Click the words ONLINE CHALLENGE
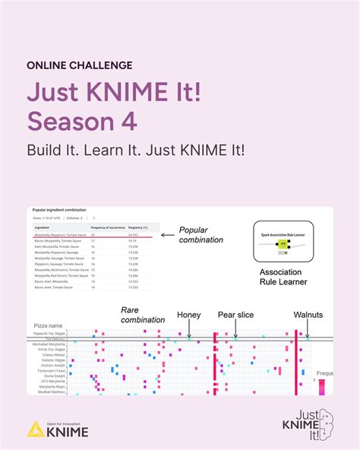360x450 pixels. click(80, 65)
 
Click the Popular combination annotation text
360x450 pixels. click(201, 234)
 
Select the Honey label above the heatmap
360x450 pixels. click(189, 315)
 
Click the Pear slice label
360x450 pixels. click(235, 315)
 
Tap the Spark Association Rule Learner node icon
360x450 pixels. click(283, 246)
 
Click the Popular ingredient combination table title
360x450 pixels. click(60, 209)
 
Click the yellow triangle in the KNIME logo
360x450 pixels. click(34, 429)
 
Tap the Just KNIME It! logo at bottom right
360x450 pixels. click(308, 424)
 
